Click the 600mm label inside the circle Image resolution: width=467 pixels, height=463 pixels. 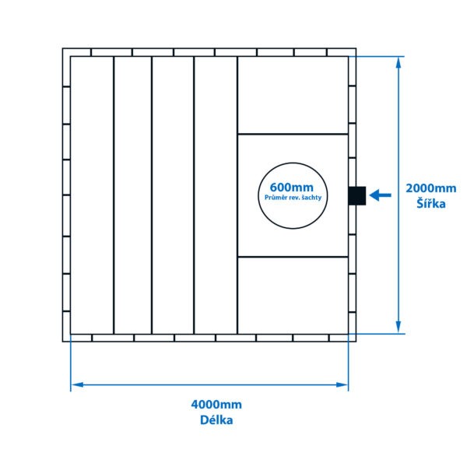(x=292, y=188)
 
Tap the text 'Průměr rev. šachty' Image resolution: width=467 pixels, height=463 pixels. (x=293, y=198)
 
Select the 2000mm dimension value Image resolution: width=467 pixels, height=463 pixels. (x=431, y=188)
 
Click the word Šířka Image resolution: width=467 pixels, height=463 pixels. (x=431, y=203)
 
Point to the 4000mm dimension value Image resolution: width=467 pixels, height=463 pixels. (x=216, y=405)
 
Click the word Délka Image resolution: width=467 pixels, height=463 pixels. (x=216, y=420)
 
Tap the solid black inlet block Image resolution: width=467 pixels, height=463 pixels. (x=356, y=195)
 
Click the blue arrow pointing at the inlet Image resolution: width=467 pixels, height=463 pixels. (x=380, y=195)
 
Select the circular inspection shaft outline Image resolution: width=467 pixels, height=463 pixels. (x=293, y=195)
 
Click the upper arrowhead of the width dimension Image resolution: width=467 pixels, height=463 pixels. (x=399, y=62)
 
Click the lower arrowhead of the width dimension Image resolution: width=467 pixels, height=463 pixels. (x=399, y=327)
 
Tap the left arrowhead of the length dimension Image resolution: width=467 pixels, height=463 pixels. (x=77, y=384)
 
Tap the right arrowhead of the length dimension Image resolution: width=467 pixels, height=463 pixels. (x=342, y=384)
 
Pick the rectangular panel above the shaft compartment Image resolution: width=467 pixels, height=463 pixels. (x=293, y=95)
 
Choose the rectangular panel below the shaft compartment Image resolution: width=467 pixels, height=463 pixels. (x=293, y=296)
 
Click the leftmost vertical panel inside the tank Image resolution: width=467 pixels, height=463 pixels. (x=92, y=195)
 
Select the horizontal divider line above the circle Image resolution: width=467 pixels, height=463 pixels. (x=293, y=134)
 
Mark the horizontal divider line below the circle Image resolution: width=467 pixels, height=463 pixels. (x=293, y=257)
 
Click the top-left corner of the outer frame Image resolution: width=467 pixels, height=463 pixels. (x=62, y=48)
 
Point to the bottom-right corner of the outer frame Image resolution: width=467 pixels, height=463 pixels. (x=356, y=342)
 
